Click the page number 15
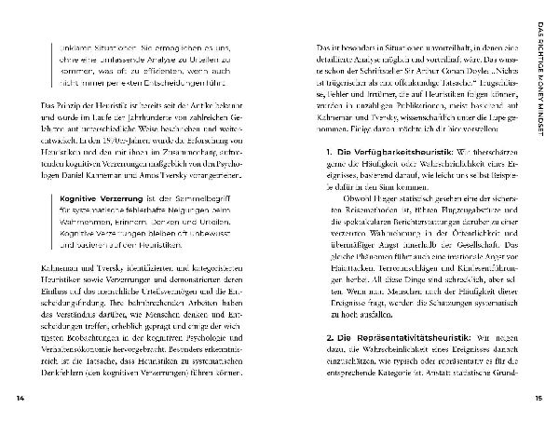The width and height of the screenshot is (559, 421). click(538, 400)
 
